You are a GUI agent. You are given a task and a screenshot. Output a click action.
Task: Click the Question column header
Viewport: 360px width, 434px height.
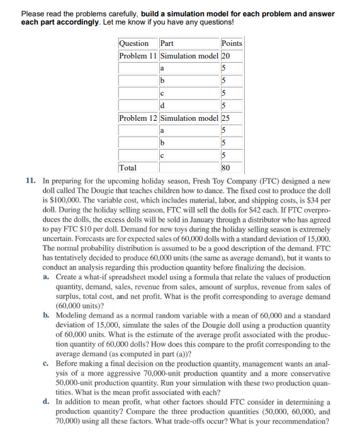(x=133, y=43)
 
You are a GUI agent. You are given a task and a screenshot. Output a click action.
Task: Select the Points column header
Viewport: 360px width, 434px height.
(x=232, y=43)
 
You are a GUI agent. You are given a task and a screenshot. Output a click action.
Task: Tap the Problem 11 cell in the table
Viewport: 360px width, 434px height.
(x=138, y=55)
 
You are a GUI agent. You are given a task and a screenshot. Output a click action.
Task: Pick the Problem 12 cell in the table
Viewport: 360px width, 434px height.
(x=138, y=118)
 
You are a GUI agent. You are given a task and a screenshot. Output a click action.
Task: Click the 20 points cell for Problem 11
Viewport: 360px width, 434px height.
(x=226, y=55)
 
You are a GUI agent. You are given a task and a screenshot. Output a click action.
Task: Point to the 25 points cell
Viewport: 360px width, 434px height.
(x=226, y=118)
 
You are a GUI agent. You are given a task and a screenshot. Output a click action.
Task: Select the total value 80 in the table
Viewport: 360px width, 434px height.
(x=226, y=167)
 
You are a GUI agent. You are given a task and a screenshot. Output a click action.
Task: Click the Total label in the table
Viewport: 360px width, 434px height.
(x=128, y=167)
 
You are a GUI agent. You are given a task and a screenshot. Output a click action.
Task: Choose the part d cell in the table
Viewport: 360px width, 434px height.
(x=163, y=105)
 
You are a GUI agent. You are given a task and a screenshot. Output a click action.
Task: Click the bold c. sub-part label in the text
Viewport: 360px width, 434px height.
(x=47, y=363)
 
